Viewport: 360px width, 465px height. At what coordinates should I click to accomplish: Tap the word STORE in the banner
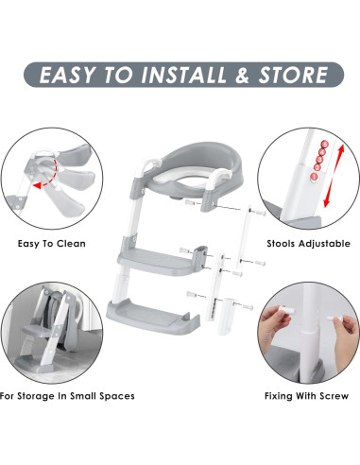tap(288, 74)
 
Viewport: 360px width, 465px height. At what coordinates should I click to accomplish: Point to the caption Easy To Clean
tap(52, 244)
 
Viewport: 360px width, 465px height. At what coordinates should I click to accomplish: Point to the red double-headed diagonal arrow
tap(327, 183)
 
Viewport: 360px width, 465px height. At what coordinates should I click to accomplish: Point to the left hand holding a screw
tap(278, 323)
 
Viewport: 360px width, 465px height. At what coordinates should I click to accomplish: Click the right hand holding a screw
tap(338, 327)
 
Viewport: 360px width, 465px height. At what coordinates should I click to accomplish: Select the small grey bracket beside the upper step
tap(200, 252)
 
